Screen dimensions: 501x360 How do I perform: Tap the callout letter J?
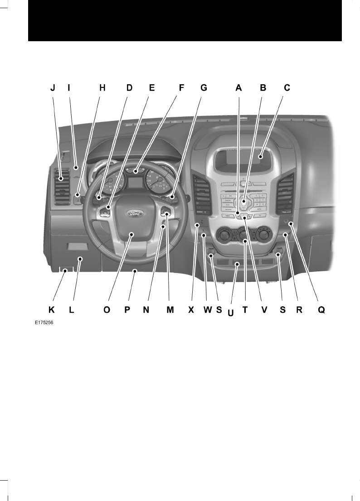(x=53, y=88)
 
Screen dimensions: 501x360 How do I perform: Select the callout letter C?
(x=287, y=88)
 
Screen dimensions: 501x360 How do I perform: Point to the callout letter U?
(x=231, y=313)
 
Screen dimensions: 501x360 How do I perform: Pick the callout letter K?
(x=52, y=310)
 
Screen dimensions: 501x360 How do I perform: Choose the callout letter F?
(x=181, y=88)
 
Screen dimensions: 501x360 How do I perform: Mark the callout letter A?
(x=238, y=88)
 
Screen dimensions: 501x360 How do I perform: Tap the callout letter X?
(x=191, y=310)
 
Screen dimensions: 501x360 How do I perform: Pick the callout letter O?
(x=107, y=310)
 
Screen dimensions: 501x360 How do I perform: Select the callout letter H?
(x=102, y=88)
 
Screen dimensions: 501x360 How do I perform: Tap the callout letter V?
(x=264, y=310)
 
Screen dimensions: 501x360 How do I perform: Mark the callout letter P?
(x=127, y=310)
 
